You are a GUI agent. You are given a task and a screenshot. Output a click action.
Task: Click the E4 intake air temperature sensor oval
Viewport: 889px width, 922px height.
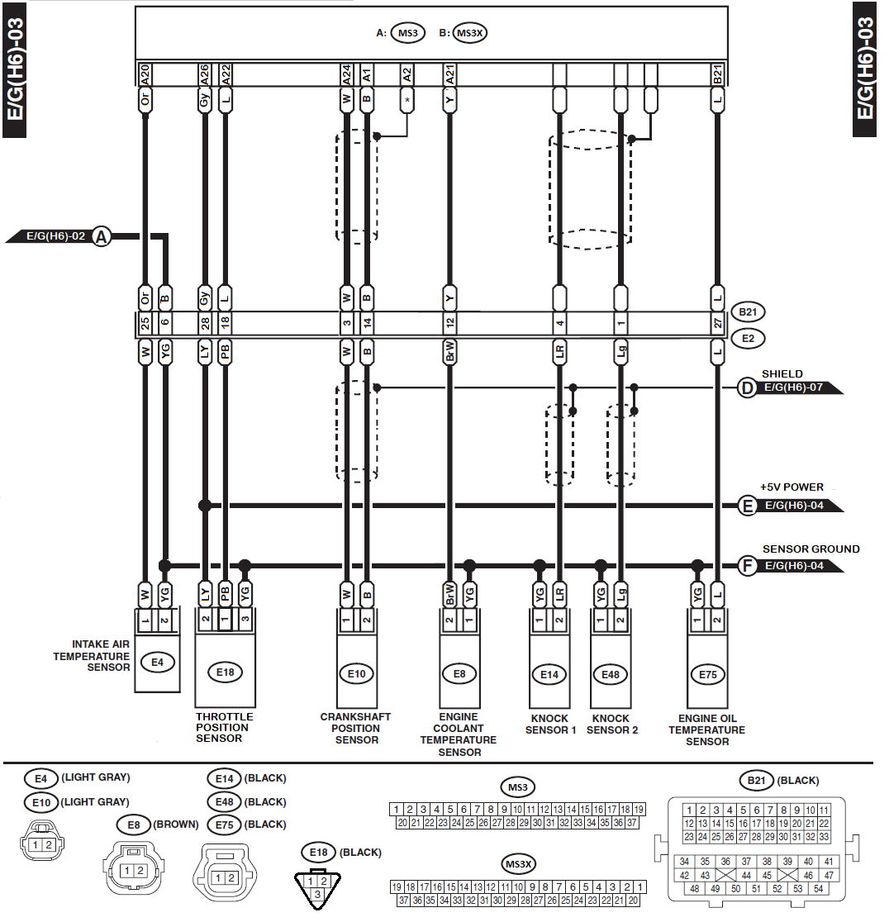pyautogui.click(x=157, y=661)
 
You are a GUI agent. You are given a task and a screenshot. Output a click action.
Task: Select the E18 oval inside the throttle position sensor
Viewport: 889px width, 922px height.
pyautogui.click(x=225, y=672)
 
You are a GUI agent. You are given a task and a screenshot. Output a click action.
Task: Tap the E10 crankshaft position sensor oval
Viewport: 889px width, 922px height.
pyautogui.click(x=356, y=674)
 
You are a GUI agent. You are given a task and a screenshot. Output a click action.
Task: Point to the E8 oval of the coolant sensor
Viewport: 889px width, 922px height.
pyautogui.click(x=459, y=674)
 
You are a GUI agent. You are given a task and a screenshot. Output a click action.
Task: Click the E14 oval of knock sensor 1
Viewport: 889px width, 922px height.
pyautogui.click(x=549, y=674)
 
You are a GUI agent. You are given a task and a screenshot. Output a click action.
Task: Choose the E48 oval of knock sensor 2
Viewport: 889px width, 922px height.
pyautogui.click(x=610, y=674)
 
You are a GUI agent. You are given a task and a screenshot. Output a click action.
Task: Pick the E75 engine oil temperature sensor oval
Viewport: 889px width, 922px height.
pyautogui.click(x=707, y=674)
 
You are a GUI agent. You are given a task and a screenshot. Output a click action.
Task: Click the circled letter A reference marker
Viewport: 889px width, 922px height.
pyautogui.click(x=102, y=237)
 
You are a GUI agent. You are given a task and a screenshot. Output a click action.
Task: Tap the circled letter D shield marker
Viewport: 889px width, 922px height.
pyautogui.click(x=747, y=387)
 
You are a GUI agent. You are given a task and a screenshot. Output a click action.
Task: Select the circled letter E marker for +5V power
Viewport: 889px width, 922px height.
pyautogui.click(x=748, y=506)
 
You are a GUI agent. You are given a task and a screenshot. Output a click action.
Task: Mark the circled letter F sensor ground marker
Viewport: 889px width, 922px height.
pyautogui.click(x=748, y=567)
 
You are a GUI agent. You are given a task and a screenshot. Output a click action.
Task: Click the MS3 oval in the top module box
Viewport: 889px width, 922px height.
pyautogui.click(x=407, y=34)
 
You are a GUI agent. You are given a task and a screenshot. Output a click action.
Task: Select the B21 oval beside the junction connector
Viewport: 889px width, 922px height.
pyautogui.click(x=747, y=313)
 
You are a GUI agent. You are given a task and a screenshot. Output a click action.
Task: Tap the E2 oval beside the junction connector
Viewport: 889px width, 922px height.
pyautogui.click(x=747, y=337)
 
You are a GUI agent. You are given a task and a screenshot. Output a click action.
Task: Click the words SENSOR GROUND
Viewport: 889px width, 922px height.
pyautogui.click(x=811, y=549)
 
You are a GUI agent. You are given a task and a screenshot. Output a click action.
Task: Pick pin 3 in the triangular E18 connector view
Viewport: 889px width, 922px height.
pyautogui.click(x=316, y=893)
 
